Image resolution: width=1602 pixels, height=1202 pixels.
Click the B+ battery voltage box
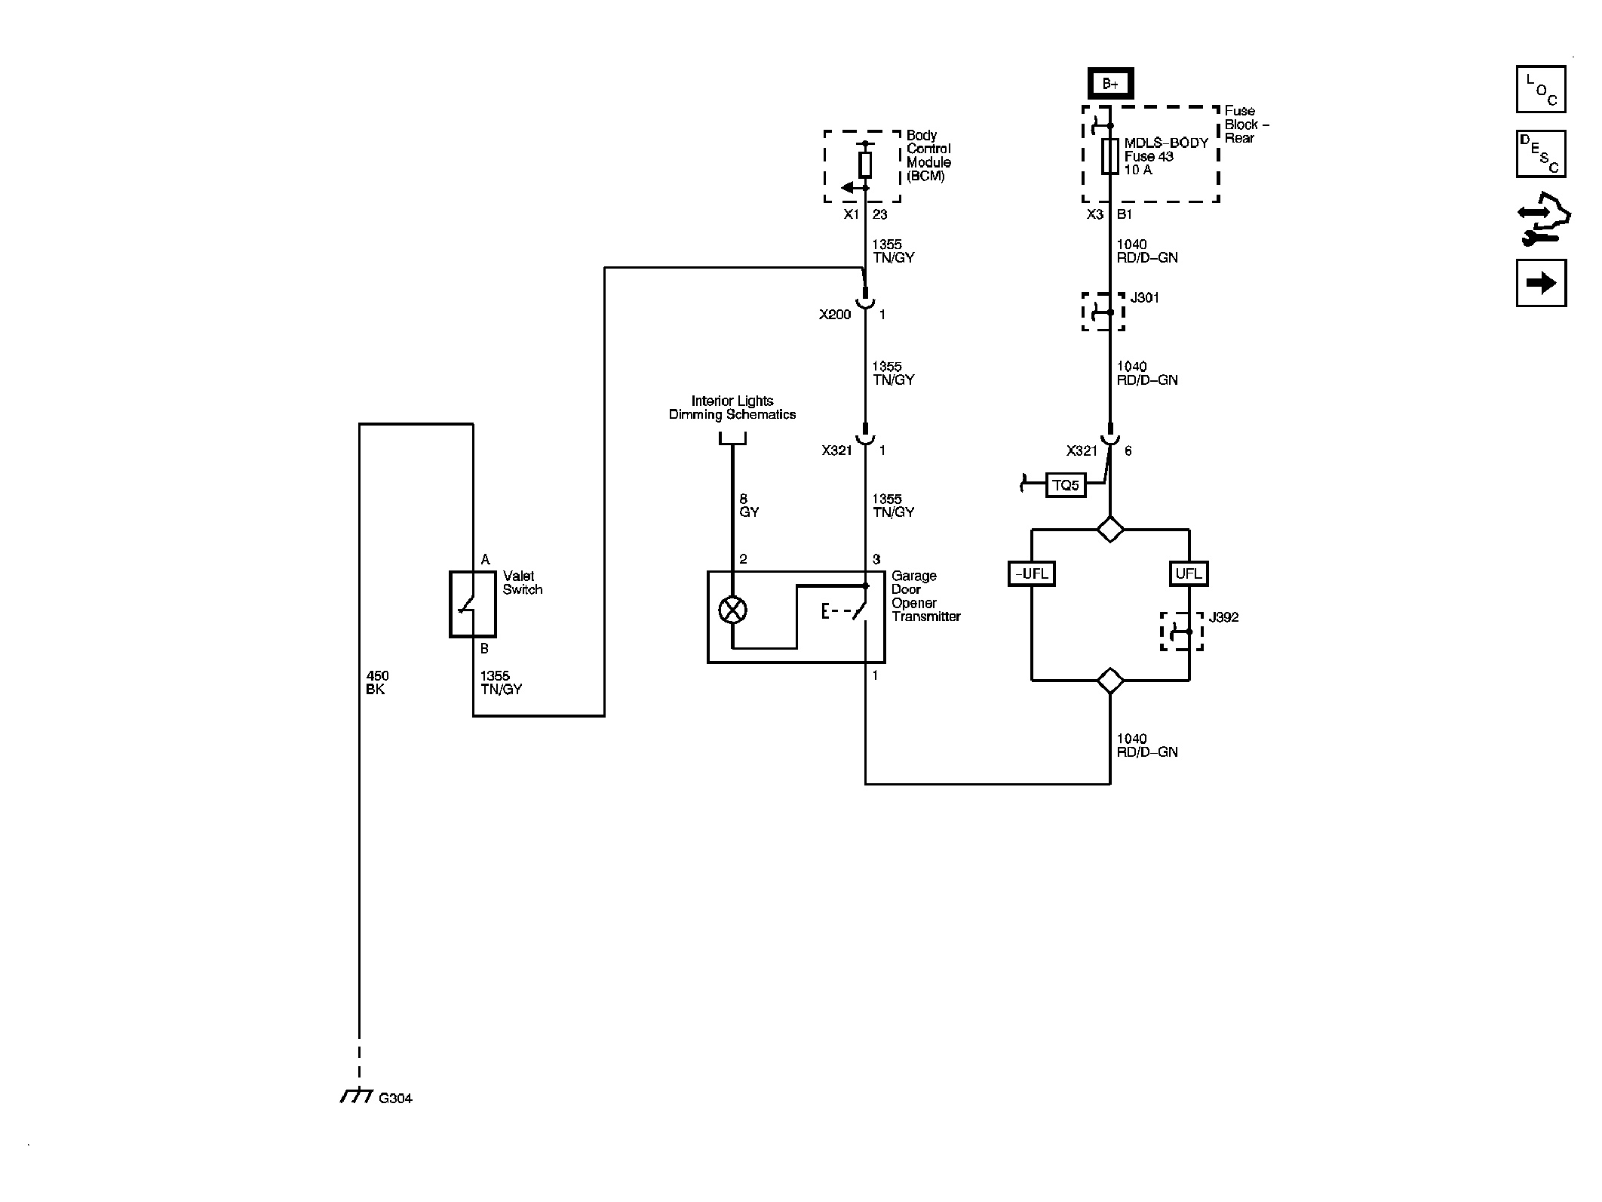pyautogui.click(x=1110, y=84)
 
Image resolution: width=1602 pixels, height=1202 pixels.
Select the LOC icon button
pyautogui.click(x=1540, y=90)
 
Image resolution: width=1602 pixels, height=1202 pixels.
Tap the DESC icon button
pyautogui.click(x=1540, y=154)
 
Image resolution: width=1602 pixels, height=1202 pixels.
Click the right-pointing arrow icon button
pyautogui.click(x=1540, y=283)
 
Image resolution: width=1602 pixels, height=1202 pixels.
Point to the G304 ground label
pyautogui.click(x=395, y=1099)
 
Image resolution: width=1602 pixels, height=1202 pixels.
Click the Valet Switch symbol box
pyautogui.click(x=472, y=604)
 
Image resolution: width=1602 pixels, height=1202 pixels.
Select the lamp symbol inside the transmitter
pyautogui.click(x=732, y=610)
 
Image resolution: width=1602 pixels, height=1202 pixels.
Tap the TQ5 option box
pyautogui.click(x=1066, y=485)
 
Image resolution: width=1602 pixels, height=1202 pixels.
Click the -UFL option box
pyautogui.click(x=1031, y=573)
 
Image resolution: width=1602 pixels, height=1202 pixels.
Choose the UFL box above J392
pyautogui.click(x=1188, y=573)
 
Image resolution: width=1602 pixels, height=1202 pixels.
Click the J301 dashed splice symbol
pyautogui.click(x=1103, y=312)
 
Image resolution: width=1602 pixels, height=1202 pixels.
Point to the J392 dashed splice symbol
pyautogui.click(x=1181, y=632)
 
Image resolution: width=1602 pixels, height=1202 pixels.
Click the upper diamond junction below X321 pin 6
pyautogui.click(x=1110, y=529)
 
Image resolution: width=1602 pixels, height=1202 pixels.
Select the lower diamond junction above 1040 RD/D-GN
pyautogui.click(x=1110, y=681)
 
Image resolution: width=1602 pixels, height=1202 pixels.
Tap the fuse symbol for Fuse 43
pyautogui.click(x=1109, y=156)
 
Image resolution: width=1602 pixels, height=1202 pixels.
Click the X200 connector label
pyautogui.click(x=835, y=315)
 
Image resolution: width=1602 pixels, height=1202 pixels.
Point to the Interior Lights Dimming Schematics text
pyautogui.click(x=732, y=408)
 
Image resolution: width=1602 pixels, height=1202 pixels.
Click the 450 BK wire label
pyautogui.click(x=376, y=683)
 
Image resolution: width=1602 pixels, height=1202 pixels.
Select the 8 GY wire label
pyautogui.click(x=748, y=506)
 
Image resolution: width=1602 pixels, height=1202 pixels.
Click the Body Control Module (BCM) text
pyautogui.click(x=928, y=155)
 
